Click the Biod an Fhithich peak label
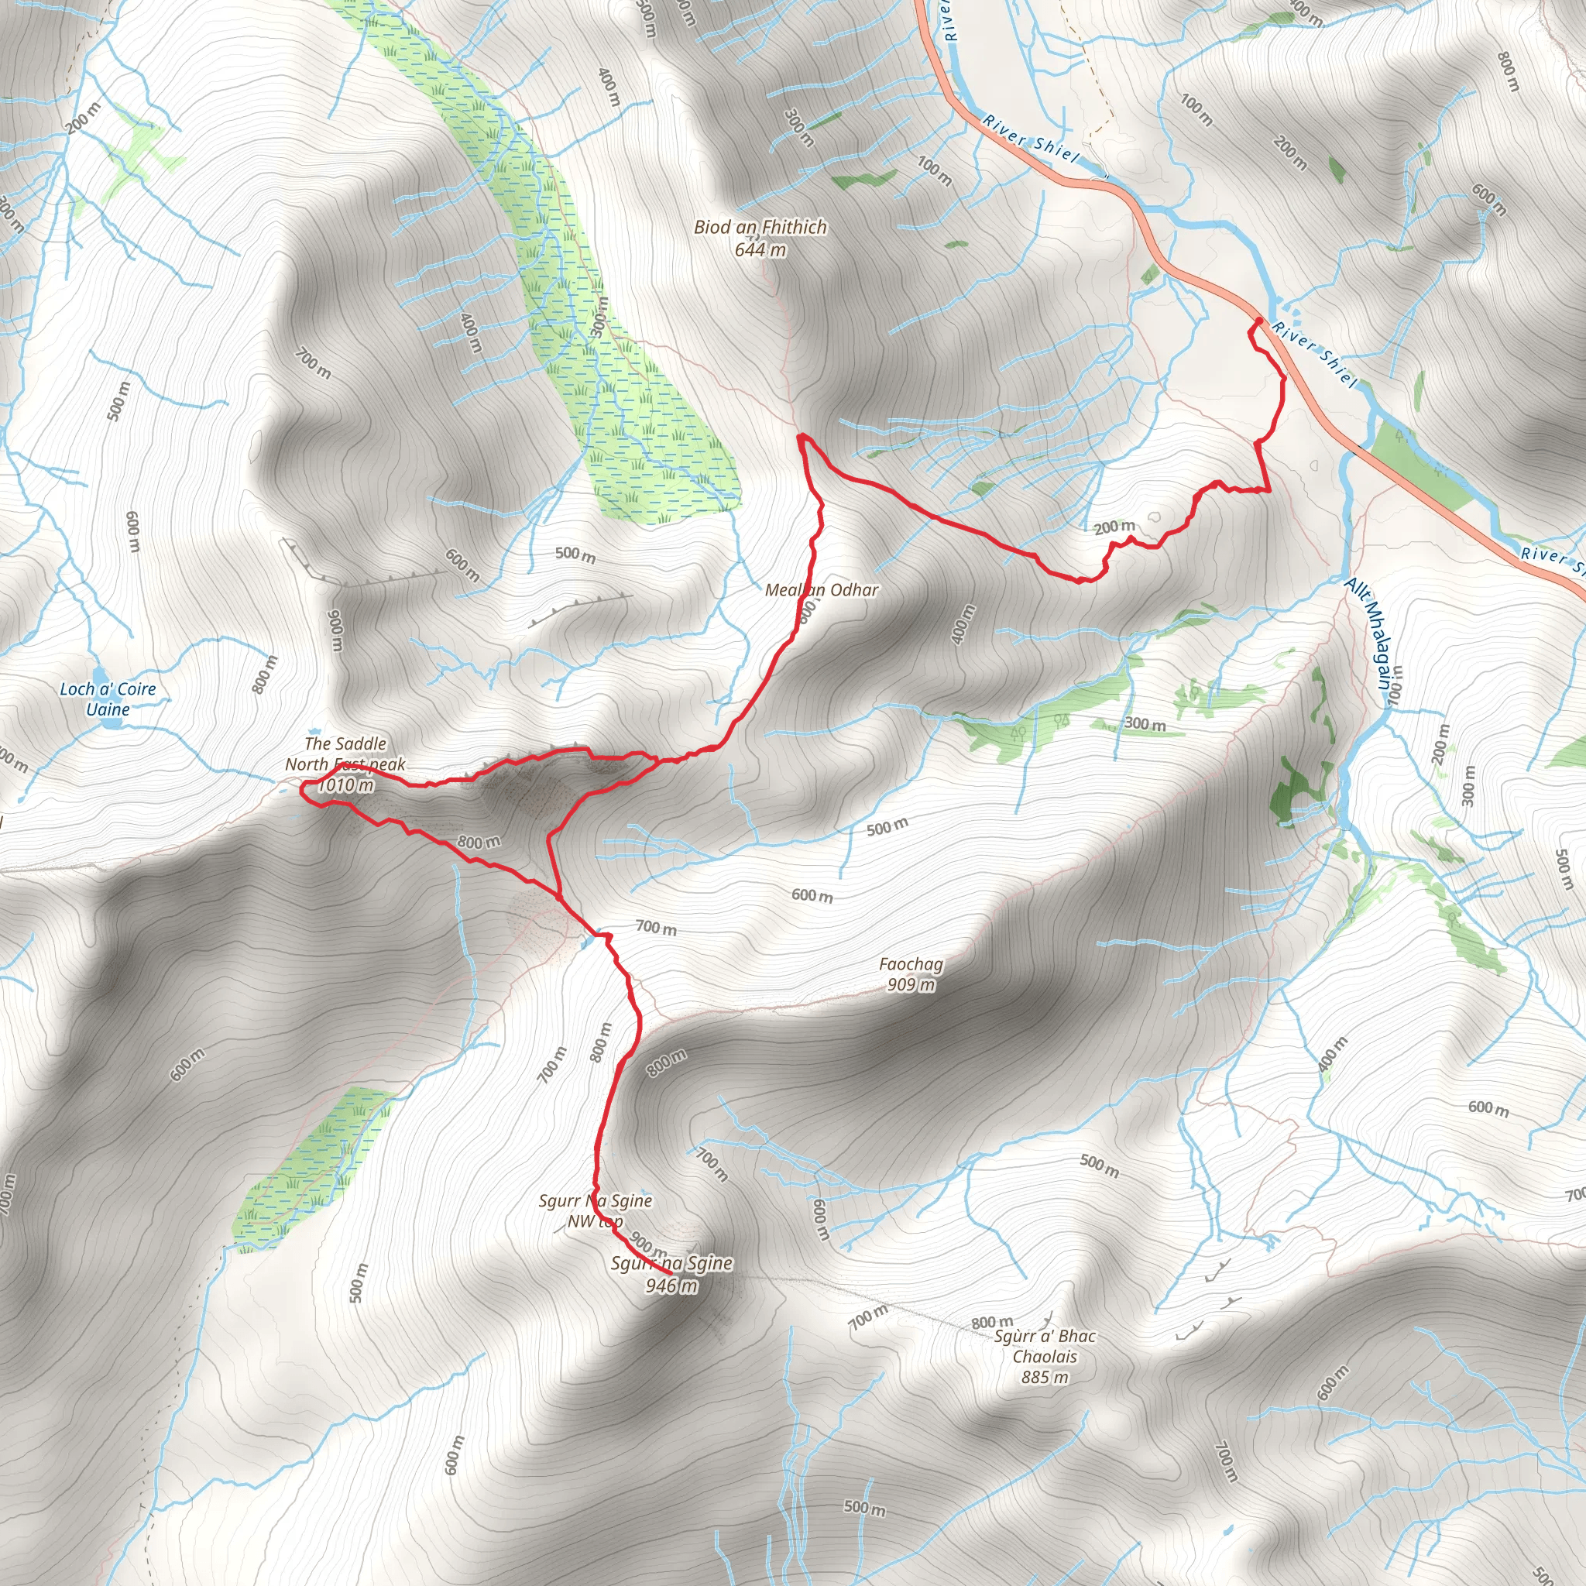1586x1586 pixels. click(760, 227)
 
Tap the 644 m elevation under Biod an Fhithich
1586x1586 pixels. click(760, 249)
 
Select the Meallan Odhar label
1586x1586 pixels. click(822, 589)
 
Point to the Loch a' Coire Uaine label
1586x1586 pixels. click(108, 699)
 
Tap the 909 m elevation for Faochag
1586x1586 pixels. click(911, 984)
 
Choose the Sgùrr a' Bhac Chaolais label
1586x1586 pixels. click(1044, 1346)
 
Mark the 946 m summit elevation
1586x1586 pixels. click(671, 1286)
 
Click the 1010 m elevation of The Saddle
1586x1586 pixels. click(345, 784)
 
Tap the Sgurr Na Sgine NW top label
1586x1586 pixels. click(596, 1211)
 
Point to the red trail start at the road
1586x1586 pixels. click(1258, 319)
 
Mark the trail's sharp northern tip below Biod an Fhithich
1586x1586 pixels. click(799, 436)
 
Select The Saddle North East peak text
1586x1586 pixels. click(345, 754)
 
